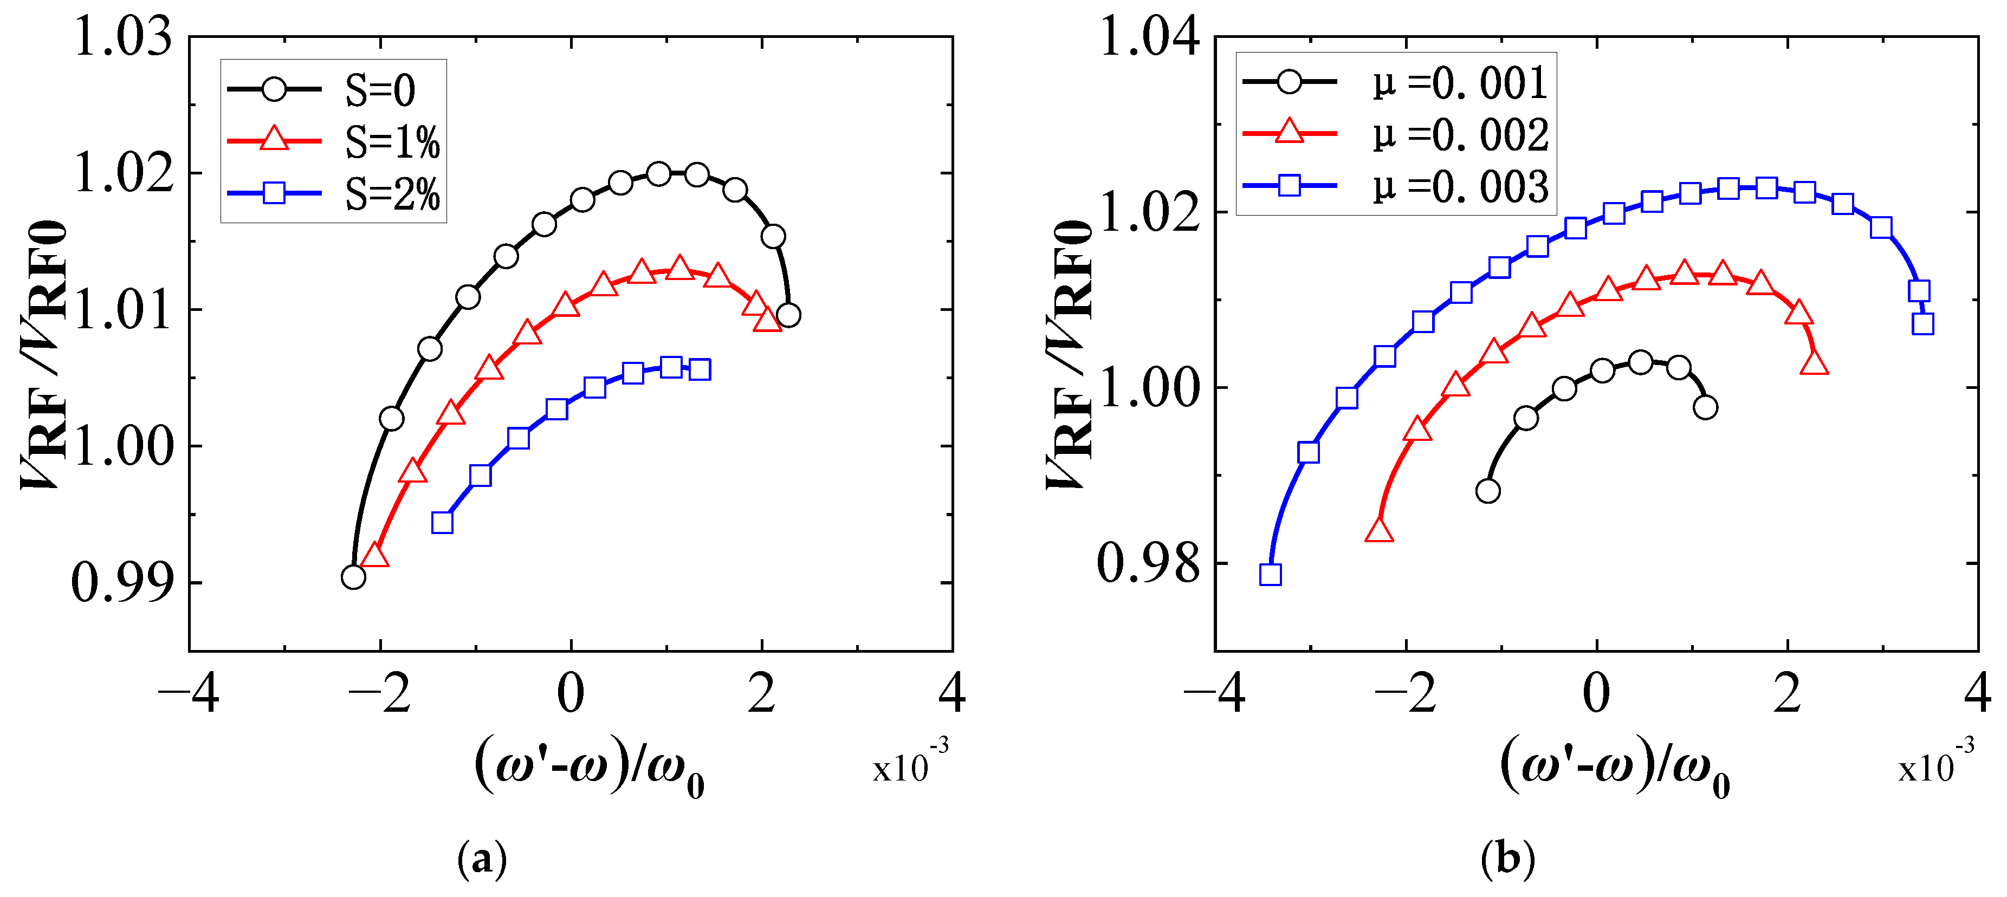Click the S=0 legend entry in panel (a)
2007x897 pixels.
[x=380, y=90]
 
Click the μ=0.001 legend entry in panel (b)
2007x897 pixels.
[x=1459, y=82]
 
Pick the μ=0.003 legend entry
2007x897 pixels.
[x=1459, y=187]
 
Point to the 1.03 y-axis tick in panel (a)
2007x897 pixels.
[x=122, y=37]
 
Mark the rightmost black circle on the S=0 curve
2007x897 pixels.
[x=788, y=315]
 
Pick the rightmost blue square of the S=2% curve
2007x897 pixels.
[x=700, y=369]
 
